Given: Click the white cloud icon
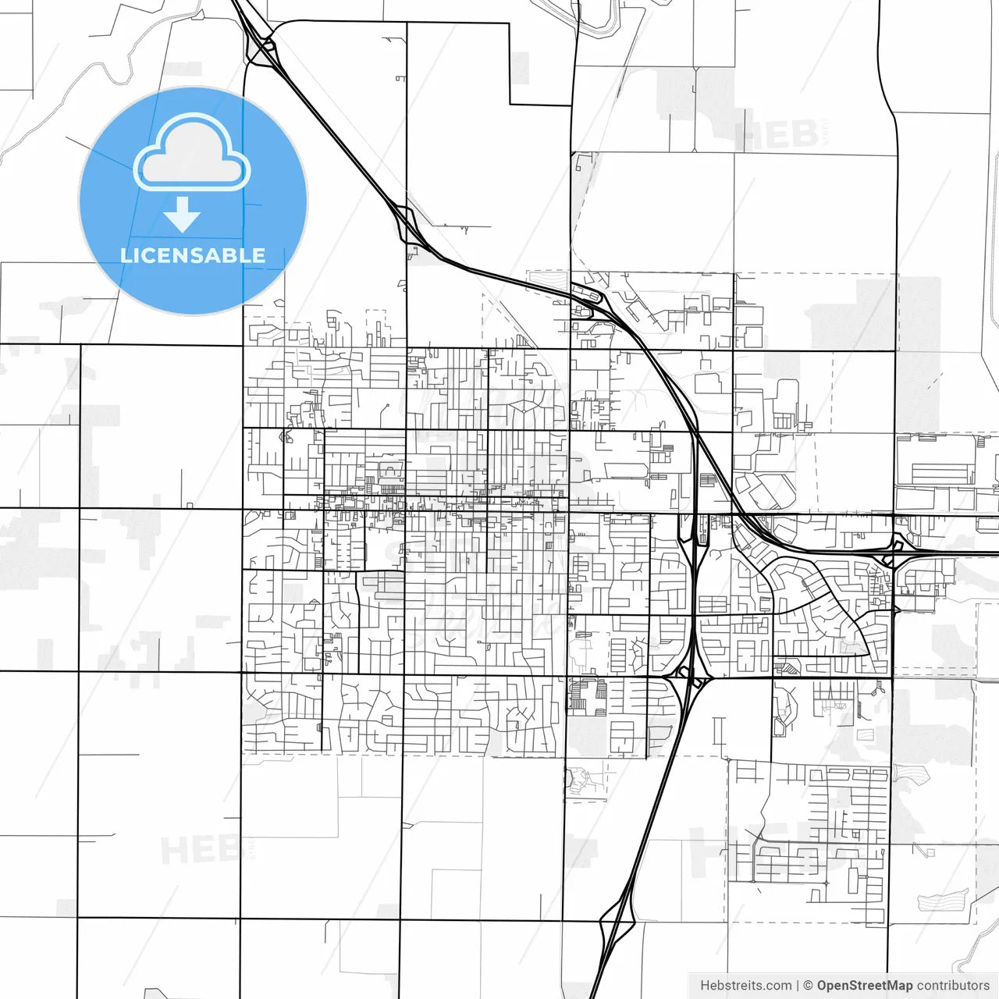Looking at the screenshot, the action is pos(192,153).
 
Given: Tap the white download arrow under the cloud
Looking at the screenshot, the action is pos(183,215).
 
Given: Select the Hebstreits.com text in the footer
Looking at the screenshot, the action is pos(745,986).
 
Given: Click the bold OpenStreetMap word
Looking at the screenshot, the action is pos(864,986).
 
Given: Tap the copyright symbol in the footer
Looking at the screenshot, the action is pos(808,986).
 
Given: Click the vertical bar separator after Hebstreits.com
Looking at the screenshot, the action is pos(797,986).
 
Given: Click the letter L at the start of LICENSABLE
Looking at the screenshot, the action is pos(126,255).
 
